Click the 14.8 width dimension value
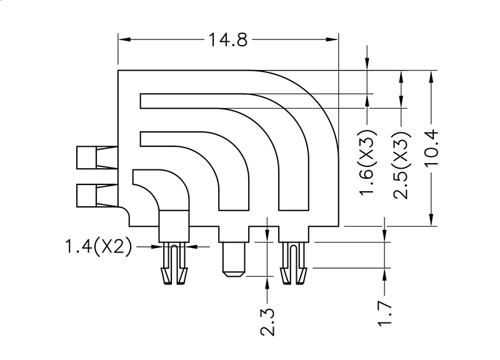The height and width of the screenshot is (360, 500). [x=228, y=41]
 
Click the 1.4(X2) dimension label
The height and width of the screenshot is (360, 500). [x=99, y=247]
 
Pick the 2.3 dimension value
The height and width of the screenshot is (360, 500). [x=267, y=320]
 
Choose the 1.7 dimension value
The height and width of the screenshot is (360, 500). [x=386, y=314]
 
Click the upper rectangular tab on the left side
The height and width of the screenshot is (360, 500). [x=87, y=157]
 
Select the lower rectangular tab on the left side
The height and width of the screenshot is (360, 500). [x=87, y=196]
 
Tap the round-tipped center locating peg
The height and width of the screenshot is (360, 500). [x=234, y=259]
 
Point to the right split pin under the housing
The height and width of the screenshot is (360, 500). [x=294, y=264]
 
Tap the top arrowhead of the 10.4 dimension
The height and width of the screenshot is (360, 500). [x=431, y=76]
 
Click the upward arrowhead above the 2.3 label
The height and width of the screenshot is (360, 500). [x=267, y=283]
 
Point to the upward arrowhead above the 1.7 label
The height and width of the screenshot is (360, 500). [x=386, y=274]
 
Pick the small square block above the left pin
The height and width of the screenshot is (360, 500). [x=174, y=226]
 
